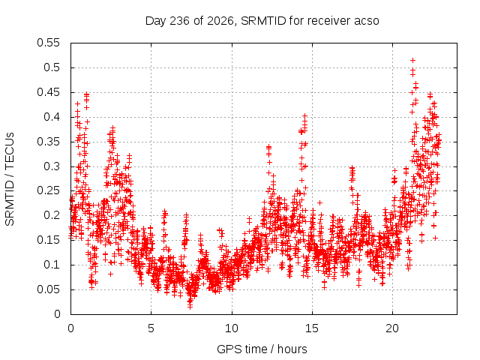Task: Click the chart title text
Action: pyautogui.click(x=262, y=21)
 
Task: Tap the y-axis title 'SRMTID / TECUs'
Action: pyautogui.click(x=10, y=179)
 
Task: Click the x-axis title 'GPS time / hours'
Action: pyautogui.click(x=262, y=349)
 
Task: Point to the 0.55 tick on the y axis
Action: pyautogui.click(x=48, y=43)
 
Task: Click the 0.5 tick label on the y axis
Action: pyautogui.click(x=52, y=67)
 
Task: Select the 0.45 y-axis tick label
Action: pyautogui.click(x=48, y=92)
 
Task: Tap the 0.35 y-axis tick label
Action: pyautogui.click(x=48, y=142)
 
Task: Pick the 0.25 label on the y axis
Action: pyautogui.click(x=48, y=191)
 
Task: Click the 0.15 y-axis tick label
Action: pyautogui.click(x=48, y=240)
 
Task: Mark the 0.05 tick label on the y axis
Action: pyautogui.click(x=48, y=289)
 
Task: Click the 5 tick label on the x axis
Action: pyautogui.click(x=151, y=328)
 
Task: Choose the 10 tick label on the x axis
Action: pyautogui.click(x=232, y=328)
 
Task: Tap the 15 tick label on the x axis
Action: pyautogui.click(x=312, y=328)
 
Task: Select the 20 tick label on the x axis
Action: pyautogui.click(x=392, y=328)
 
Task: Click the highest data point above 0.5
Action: pyautogui.click(x=413, y=60)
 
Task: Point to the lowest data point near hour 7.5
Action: pyautogui.click(x=190, y=306)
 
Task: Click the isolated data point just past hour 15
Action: pyautogui.click(x=320, y=202)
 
